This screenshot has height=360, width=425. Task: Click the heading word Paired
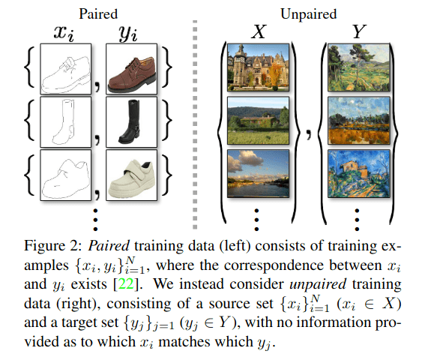98,14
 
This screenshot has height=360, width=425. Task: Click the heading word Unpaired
309,14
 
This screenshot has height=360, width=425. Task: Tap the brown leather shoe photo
131,69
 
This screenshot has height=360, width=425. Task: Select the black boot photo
131,122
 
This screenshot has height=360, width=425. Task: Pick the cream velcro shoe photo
131,175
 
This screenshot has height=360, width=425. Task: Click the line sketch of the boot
66,122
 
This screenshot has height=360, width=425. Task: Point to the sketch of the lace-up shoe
66,69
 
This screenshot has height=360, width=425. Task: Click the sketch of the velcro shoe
66,175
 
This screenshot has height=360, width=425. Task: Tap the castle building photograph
259,67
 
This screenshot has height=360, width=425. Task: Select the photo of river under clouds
259,173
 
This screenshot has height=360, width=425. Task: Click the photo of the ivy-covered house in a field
259,121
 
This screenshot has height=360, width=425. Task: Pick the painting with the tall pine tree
359,67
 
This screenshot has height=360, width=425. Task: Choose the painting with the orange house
359,173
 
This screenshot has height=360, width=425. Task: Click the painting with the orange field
359,121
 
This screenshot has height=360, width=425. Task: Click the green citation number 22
127,284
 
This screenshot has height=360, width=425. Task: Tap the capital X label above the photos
259,32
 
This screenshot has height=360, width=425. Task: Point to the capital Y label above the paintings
360,32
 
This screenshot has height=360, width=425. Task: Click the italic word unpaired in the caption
318,284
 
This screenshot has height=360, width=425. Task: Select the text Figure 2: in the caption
53,246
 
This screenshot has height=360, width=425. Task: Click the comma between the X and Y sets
309,134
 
